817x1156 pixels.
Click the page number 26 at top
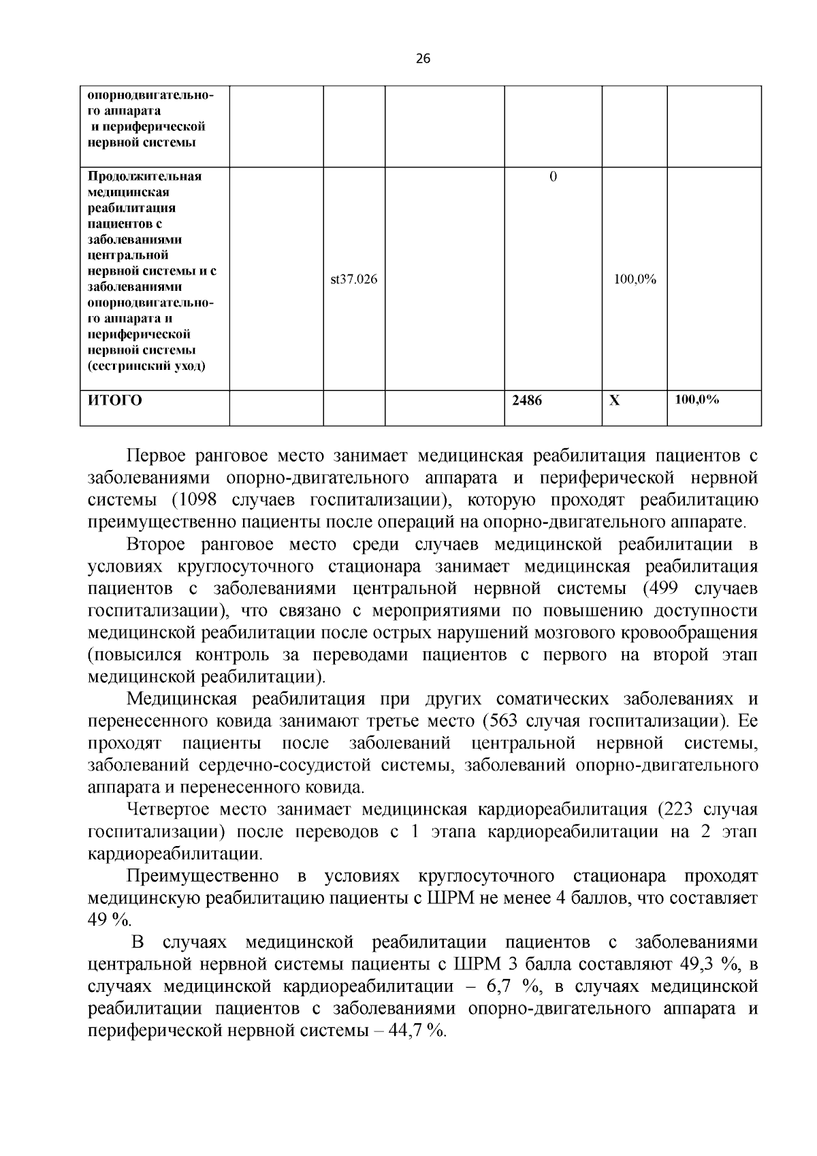click(423, 59)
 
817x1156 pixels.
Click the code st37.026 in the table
click(353, 279)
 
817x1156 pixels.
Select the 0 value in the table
click(552, 176)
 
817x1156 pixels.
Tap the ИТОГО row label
click(114, 401)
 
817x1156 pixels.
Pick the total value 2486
click(527, 401)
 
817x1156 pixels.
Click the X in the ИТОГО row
click(614, 401)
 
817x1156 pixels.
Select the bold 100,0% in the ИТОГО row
click(696, 400)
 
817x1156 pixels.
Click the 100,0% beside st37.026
click(635, 279)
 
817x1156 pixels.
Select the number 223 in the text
click(681, 809)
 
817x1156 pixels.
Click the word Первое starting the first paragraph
click(155, 456)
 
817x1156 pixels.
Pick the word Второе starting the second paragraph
click(155, 544)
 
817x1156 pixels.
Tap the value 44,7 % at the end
click(416, 1031)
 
